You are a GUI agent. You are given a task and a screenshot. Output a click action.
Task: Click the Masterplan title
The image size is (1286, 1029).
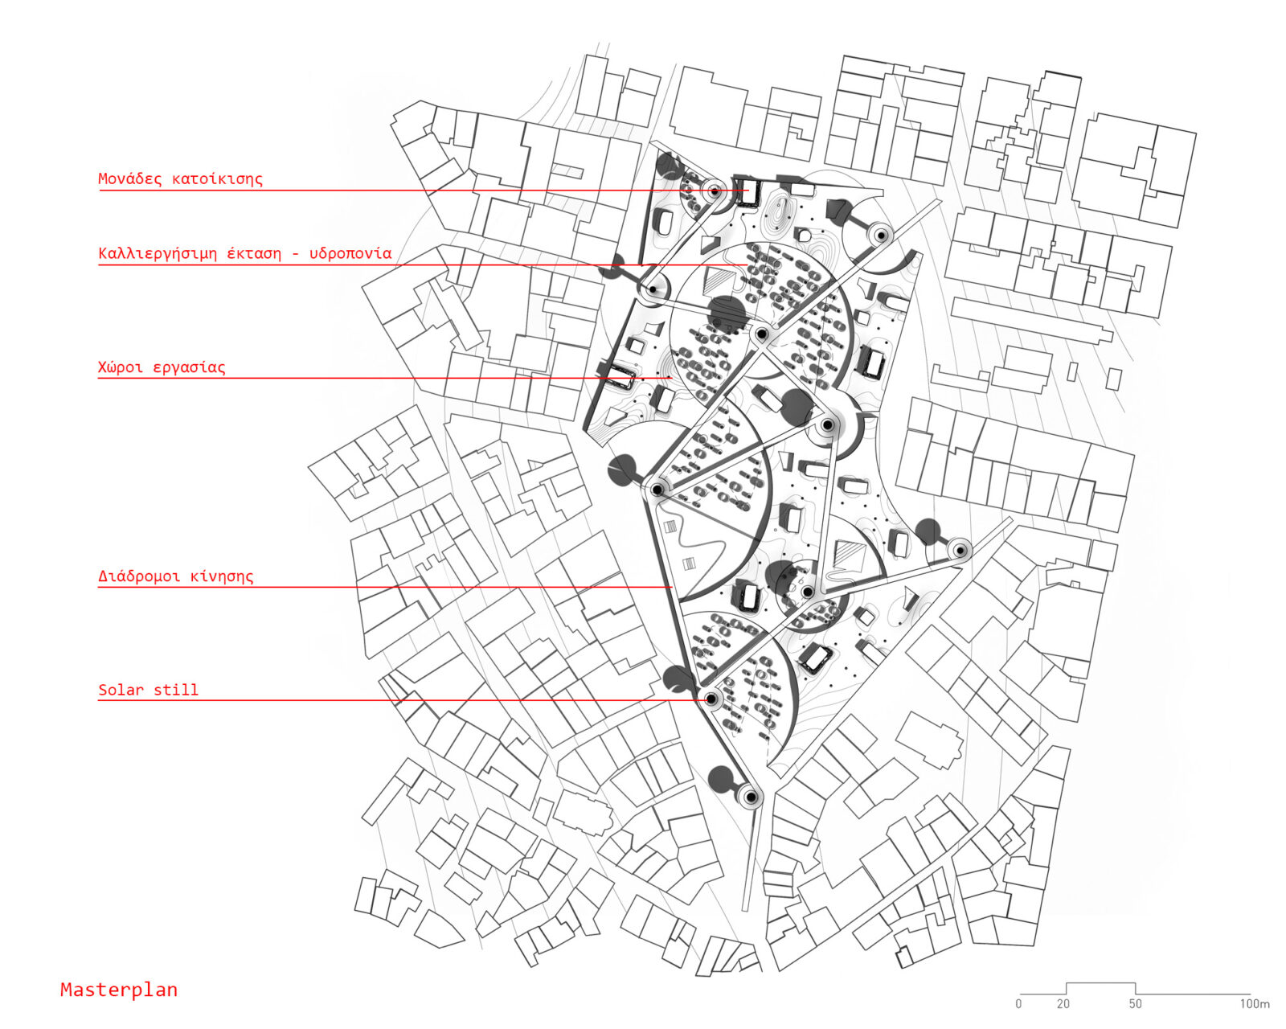click(119, 990)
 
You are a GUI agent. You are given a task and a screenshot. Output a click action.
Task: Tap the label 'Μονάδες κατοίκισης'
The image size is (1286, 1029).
click(181, 178)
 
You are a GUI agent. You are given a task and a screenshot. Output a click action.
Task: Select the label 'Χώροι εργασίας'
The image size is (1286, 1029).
click(162, 367)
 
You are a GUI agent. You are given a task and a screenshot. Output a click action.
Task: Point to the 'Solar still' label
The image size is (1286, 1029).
click(148, 690)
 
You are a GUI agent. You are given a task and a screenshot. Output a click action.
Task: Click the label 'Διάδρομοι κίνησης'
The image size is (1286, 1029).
click(176, 576)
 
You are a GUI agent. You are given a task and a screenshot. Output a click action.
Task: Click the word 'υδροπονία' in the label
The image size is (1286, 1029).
click(350, 253)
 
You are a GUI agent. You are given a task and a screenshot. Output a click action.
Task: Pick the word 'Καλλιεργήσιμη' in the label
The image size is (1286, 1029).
click(158, 253)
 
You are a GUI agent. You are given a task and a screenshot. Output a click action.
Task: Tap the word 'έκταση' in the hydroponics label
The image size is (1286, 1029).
click(254, 253)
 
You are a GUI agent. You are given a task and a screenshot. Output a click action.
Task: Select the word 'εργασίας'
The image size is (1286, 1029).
click(190, 367)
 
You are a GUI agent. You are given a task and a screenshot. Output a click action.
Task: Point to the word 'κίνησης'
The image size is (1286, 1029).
click(222, 576)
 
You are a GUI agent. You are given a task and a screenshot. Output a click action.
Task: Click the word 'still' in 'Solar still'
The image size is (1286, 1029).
click(176, 690)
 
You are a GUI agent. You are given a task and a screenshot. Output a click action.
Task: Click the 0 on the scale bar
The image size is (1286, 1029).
click(1019, 1004)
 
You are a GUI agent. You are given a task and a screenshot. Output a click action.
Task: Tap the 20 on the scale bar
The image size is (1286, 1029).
click(1063, 1004)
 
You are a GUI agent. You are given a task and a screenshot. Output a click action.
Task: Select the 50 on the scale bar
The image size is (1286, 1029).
click(1136, 1004)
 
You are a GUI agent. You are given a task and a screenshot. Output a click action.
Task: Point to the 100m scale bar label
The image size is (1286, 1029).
click(1255, 1004)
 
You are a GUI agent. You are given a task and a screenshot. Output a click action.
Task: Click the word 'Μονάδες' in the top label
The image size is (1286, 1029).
click(130, 178)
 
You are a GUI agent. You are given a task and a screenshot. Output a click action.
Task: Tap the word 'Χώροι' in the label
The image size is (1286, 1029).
click(121, 367)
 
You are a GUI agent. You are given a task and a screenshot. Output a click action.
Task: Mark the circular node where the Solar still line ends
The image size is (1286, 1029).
click(711, 699)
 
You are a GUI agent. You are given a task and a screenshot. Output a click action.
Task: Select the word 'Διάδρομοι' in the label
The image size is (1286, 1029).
click(139, 576)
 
